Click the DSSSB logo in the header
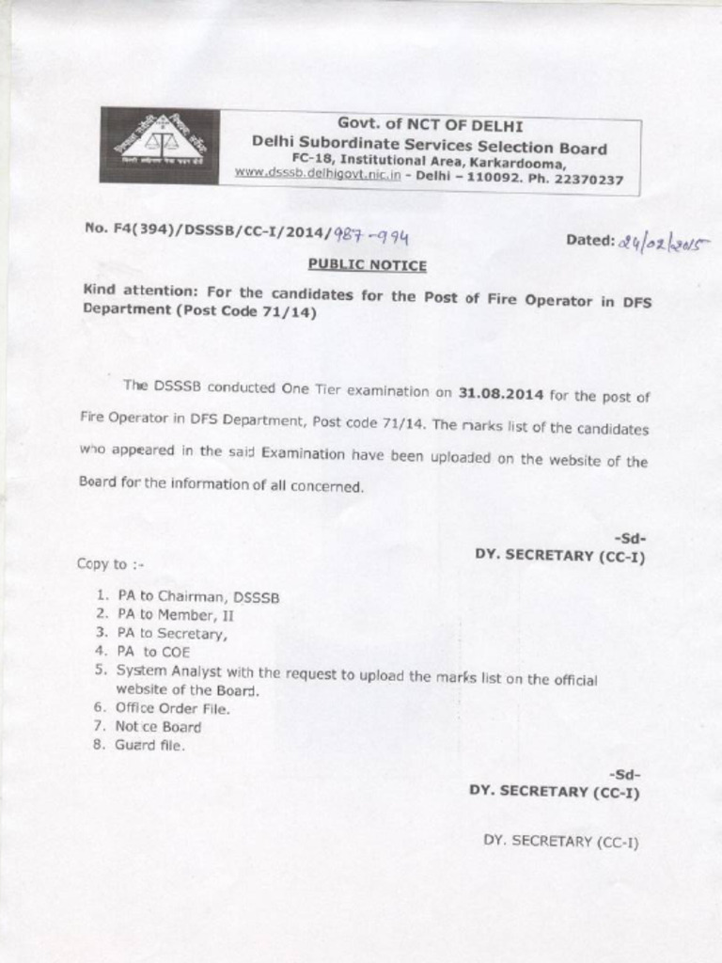[x=160, y=145]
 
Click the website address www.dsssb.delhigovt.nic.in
[x=318, y=174]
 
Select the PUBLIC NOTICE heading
[x=367, y=265]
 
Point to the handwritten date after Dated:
[x=664, y=244]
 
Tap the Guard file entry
[x=150, y=745]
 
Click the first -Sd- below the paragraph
[x=629, y=538]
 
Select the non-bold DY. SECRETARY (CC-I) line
[x=560, y=841]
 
